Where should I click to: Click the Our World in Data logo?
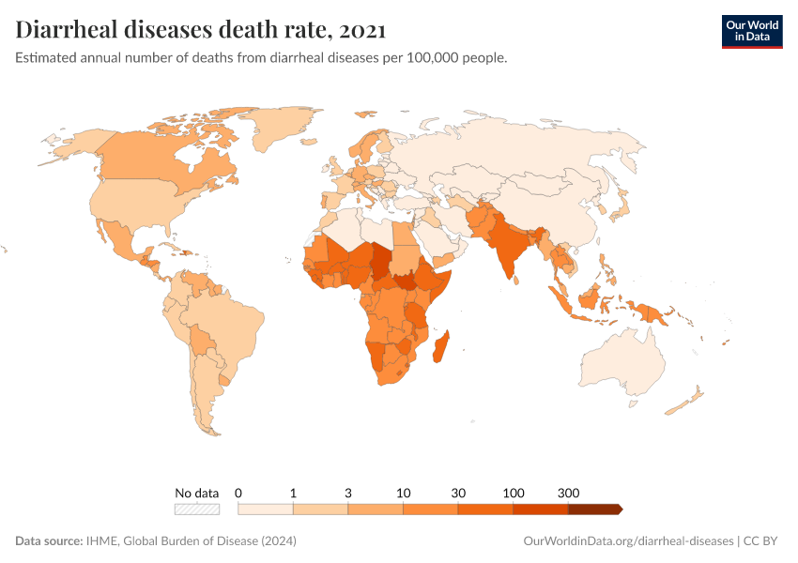(x=751, y=30)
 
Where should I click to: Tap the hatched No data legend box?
(x=197, y=510)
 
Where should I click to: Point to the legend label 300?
(x=568, y=493)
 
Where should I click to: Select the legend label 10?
(x=403, y=493)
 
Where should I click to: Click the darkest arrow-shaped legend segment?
(x=594, y=510)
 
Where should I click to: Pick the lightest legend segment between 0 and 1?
(x=266, y=510)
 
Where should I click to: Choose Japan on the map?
(x=620, y=202)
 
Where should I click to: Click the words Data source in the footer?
(x=48, y=541)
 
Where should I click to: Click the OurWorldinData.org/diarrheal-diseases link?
(x=627, y=541)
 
